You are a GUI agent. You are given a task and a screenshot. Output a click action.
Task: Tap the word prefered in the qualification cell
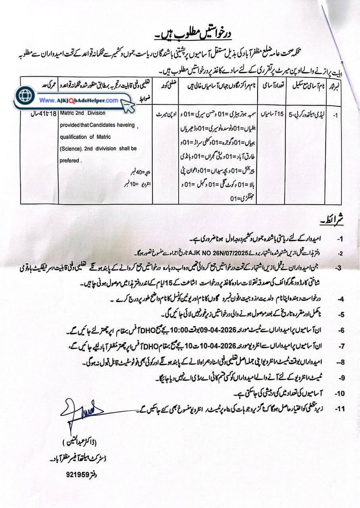coord(70,161)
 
